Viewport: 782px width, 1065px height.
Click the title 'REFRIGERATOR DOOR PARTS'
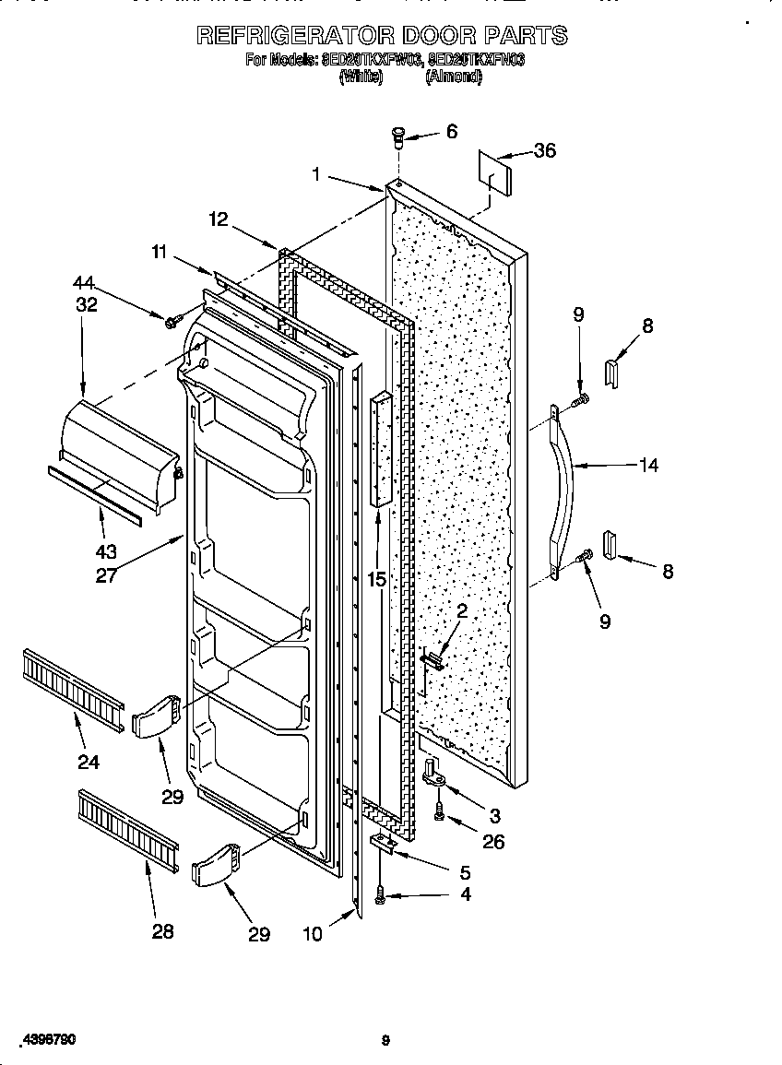[x=383, y=36]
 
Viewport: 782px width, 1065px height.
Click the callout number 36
[x=545, y=150]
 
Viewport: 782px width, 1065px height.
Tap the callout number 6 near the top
[x=451, y=132]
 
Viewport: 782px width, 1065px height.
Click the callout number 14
[x=648, y=466]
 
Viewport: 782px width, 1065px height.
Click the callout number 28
[x=162, y=931]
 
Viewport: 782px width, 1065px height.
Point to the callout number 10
[x=313, y=934]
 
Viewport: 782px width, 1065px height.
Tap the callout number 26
[x=493, y=842]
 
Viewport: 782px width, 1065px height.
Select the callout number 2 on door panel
[x=461, y=610]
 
